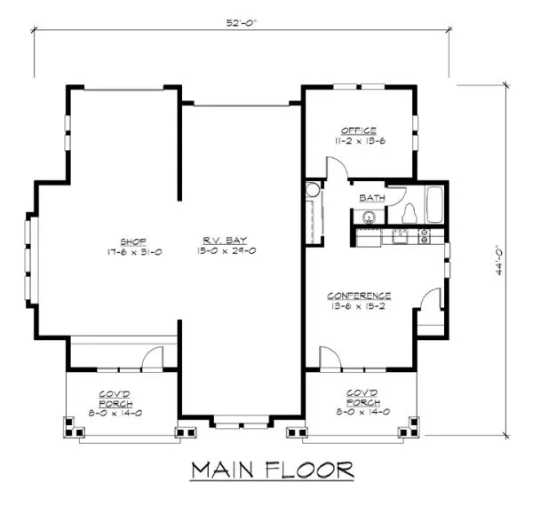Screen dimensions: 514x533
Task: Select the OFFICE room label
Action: click(359, 130)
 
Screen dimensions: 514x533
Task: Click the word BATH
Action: click(370, 198)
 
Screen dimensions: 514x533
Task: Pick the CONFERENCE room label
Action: click(359, 295)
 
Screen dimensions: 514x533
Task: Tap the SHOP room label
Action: click(133, 240)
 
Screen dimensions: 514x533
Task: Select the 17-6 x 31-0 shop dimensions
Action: click(133, 251)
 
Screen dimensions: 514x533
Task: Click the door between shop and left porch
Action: click(152, 359)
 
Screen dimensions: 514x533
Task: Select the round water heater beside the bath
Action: click(312, 189)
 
